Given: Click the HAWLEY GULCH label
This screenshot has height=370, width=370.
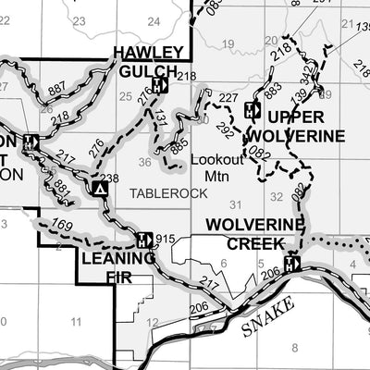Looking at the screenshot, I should pyautogui.click(x=146, y=61).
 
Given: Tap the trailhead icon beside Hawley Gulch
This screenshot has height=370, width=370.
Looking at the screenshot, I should pyautogui.click(x=159, y=85).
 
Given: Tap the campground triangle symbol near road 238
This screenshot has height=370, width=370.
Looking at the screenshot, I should pyautogui.click(x=100, y=190).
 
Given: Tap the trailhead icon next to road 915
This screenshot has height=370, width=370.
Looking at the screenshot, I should pyautogui.click(x=143, y=240).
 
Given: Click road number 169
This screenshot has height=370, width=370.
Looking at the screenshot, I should pyautogui.click(x=62, y=223).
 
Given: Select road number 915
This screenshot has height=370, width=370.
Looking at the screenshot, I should pyautogui.click(x=165, y=240).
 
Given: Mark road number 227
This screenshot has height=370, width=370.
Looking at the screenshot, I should pyautogui.click(x=228, y=98).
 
